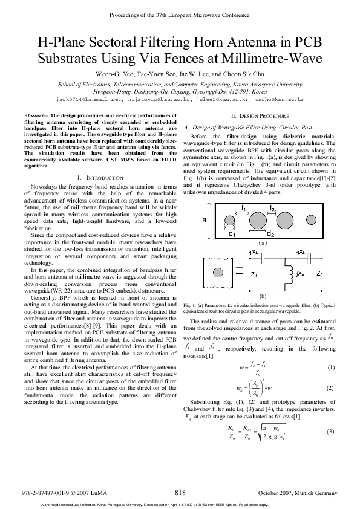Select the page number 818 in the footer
[180, 493]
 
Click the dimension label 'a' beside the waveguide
[205, 220]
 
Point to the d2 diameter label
[270, 233]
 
